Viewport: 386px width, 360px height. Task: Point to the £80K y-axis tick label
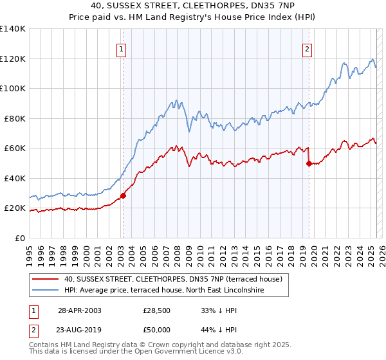(15, 118)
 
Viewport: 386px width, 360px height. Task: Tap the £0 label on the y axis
(21, 238)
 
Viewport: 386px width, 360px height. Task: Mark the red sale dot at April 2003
(123, 195)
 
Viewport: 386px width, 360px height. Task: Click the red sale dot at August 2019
(309, 163)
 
